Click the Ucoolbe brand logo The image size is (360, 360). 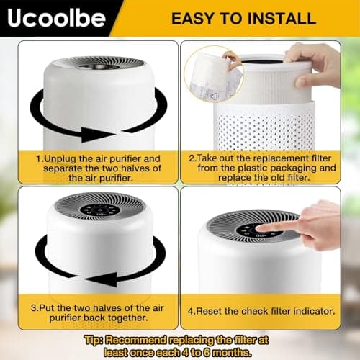click(56, 18)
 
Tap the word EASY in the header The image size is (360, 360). click(192, 18)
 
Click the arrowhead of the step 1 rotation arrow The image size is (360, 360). click(96, 135)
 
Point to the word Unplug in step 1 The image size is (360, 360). click(60, 159)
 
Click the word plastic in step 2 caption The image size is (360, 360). click(252, 168)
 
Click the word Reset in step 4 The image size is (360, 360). click(209, 311)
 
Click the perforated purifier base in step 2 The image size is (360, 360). click(264, 127)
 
